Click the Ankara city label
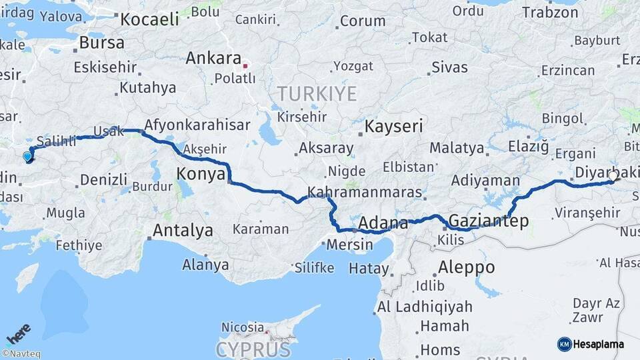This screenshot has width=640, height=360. click(213, 58)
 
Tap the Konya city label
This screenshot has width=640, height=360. click(199, 175)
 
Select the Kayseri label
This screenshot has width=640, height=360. click(394, 125)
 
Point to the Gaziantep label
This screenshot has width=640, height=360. click(489, 220)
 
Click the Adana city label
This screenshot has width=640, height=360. click(383, 223)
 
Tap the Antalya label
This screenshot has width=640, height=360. click(183, 231)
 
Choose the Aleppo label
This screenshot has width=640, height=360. click(466, 267)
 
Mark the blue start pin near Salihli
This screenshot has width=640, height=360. click(27, 157)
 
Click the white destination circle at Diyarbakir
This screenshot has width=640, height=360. click(613, 177)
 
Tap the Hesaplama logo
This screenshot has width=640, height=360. click(591, 344)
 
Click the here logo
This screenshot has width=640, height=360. click(18, 333)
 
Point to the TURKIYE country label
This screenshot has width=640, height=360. click(317, 93)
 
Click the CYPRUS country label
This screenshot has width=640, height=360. click(253, 350)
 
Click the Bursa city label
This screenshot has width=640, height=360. click(101, 43)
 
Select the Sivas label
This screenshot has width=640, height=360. click(449, 67)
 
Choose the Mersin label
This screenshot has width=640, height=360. click(349, 245)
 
